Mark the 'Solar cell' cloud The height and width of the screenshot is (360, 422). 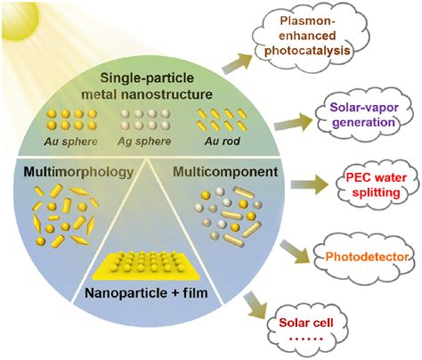pos(316,326)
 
